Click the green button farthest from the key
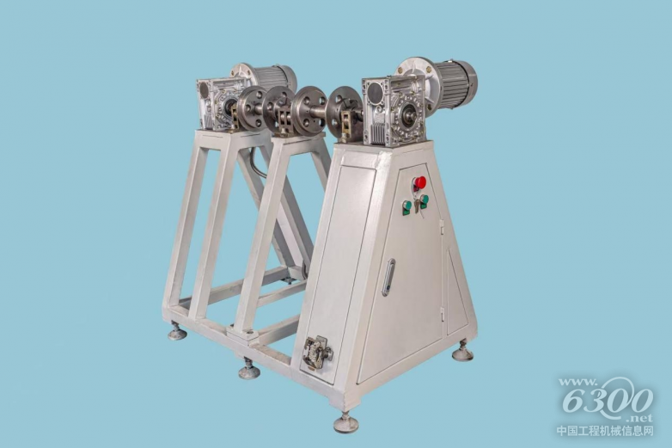(x=407, y=207)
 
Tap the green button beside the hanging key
(x=424, y=199)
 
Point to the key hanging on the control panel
(x=421, y=209)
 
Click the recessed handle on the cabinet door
(x=388, y=278)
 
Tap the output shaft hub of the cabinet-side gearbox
(x=409, y=114)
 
